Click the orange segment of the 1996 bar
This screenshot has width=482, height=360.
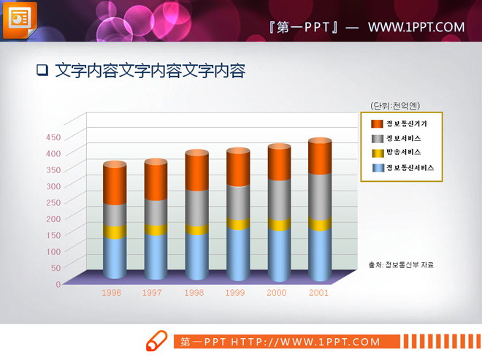click(x=115, y=184)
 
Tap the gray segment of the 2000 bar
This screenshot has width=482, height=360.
click(x=278, y=199)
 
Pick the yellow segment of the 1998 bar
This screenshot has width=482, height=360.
click(x=196, y=230)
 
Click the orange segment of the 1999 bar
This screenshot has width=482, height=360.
click(x=237, y=168)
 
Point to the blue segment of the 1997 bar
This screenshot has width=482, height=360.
click(x=156, y=256)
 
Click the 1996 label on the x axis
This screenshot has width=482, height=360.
click(x=112, y=292)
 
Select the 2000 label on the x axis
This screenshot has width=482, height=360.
click(x=277, y=292)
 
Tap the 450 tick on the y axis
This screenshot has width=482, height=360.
click(x=53, y=137)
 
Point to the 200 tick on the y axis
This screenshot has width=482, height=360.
click(x=53, y=218)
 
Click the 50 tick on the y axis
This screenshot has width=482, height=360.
click(x=56, y=268)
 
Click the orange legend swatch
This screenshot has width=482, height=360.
click(x=377, y=124)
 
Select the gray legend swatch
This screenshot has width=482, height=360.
click(x=377, y=139)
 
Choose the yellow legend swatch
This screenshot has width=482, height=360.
click(x=377, y=153)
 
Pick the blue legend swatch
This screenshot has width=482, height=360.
click(x=377, y=168)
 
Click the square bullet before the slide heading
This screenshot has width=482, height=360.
click(x=42, y=71)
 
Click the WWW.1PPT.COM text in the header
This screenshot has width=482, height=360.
click(x=416, y=28)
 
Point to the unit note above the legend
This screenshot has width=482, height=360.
click(x=395, y=104)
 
